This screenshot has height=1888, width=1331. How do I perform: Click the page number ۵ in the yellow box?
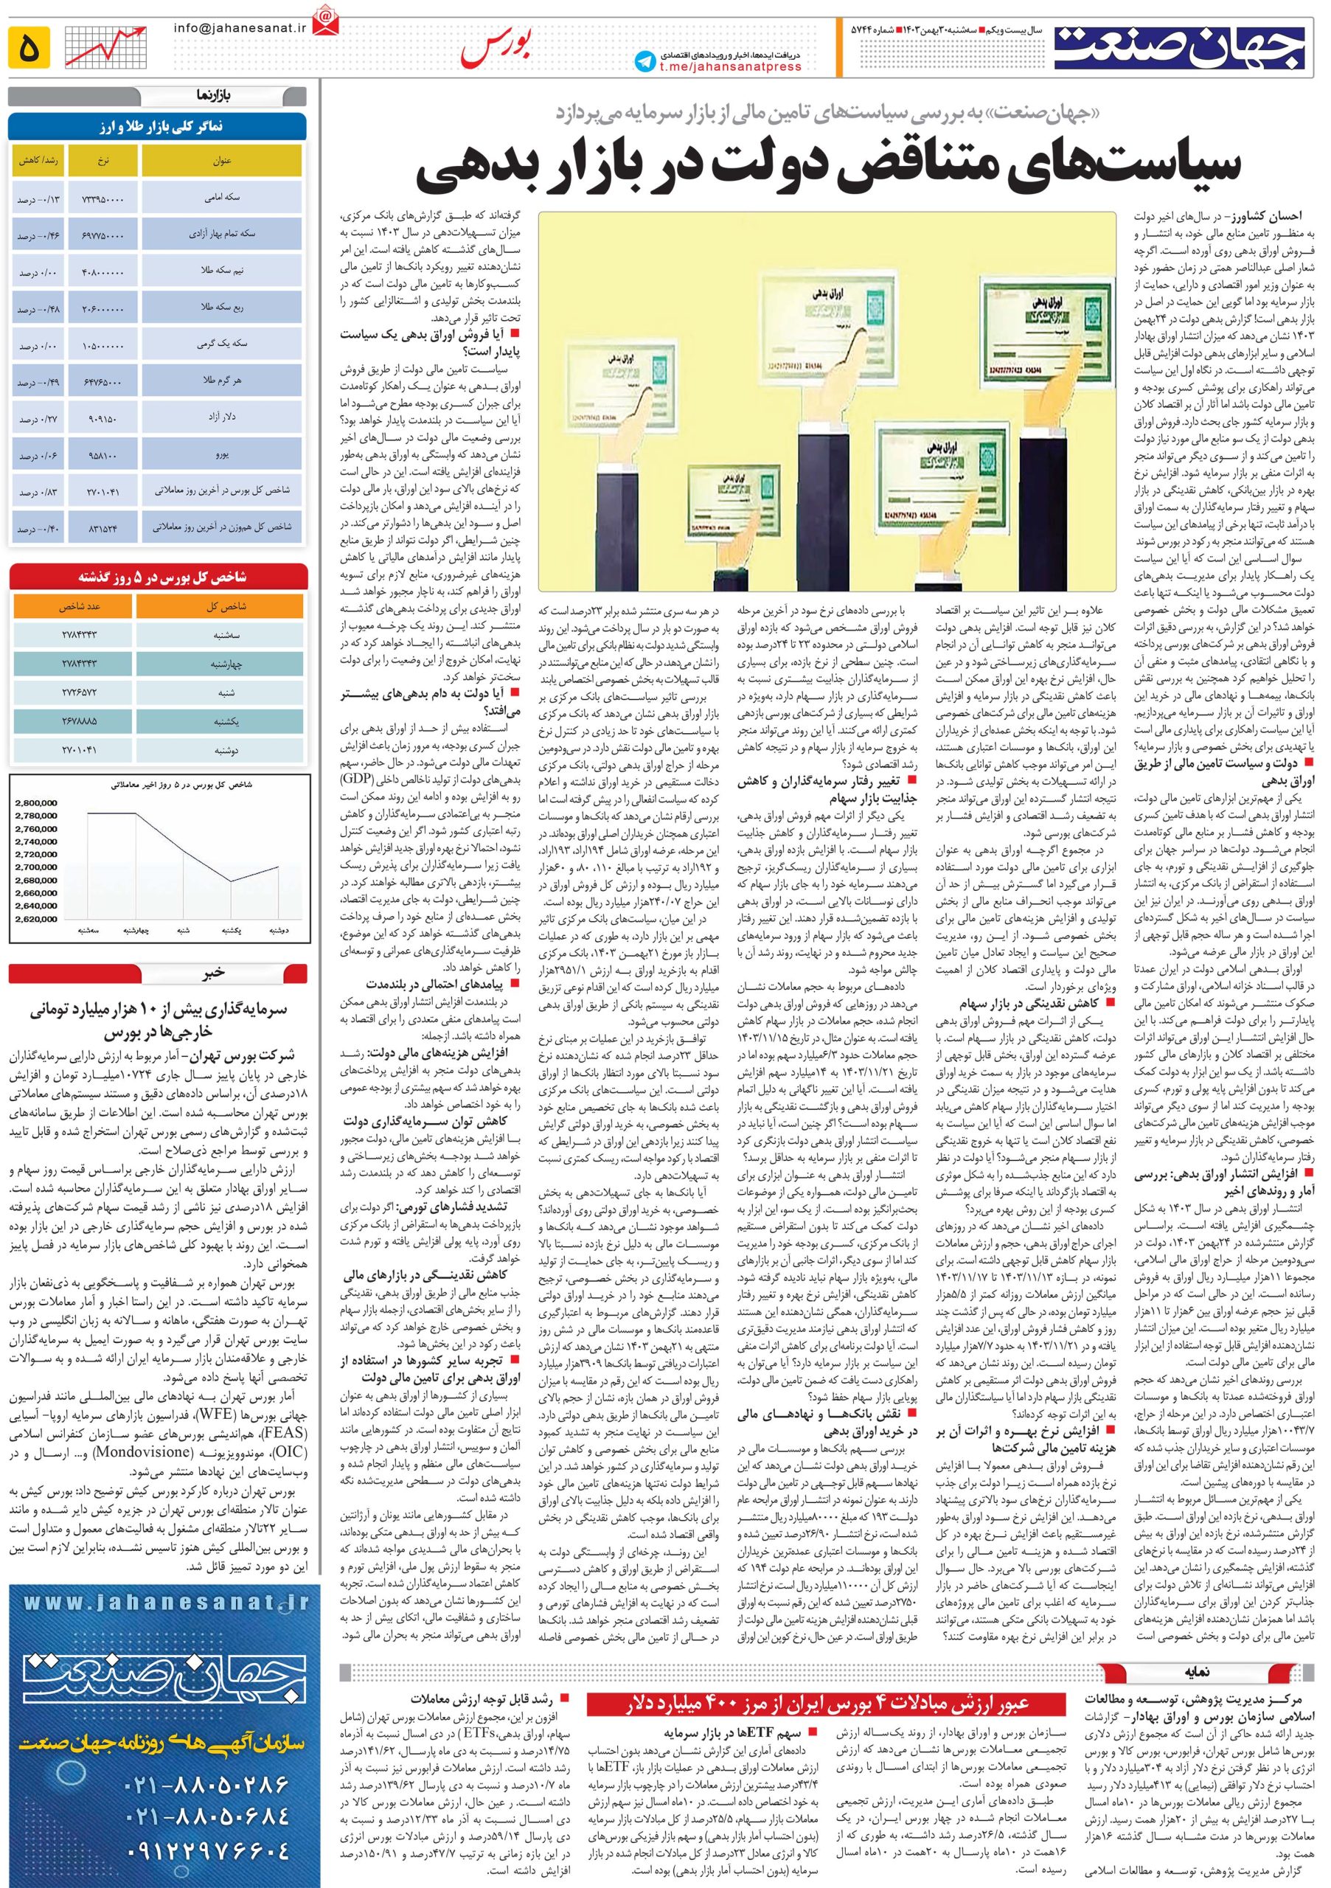pos(29,47)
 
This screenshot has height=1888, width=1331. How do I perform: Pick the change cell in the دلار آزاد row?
pos(36,419)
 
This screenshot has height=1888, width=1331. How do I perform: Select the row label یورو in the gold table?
pos(222,454)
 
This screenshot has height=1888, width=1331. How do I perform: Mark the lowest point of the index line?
pos(231,882)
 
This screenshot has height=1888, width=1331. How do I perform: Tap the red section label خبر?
pos(215,973)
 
